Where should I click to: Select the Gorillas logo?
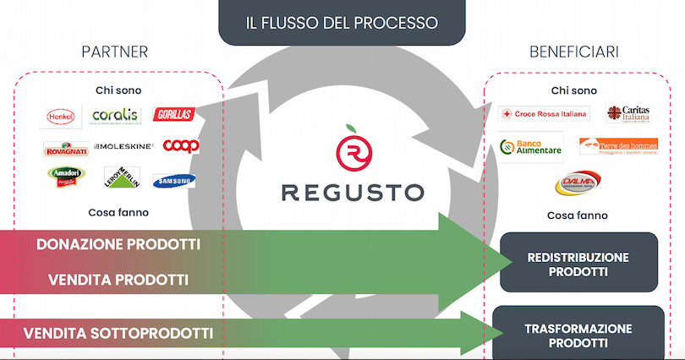173,114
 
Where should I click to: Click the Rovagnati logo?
65,148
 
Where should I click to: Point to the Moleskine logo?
124,146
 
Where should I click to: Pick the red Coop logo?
180,145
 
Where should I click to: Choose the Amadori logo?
65,177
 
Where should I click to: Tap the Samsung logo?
174,180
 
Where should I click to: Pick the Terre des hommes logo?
618,146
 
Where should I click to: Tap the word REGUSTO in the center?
352,192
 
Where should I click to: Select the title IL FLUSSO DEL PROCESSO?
342,20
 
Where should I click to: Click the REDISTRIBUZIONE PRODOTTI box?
578,264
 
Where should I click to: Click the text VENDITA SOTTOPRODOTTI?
118,332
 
